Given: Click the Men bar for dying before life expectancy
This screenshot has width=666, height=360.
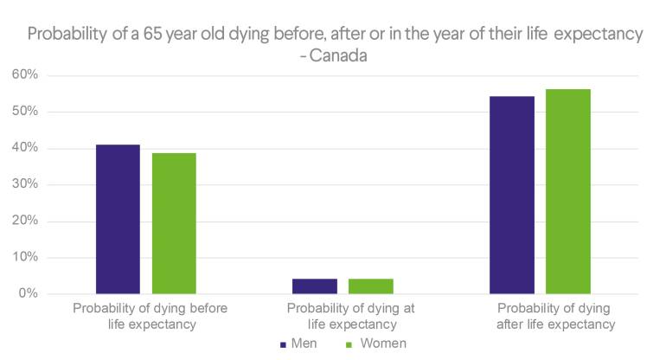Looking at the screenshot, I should click(x=118, y=219).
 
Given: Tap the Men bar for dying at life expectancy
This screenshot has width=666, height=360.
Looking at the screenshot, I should click(x=315, y=286).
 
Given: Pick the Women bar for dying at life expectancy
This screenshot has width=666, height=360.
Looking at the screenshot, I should click(x=371, y=286).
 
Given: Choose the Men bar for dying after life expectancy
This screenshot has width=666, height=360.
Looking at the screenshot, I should click(x=512, y=195).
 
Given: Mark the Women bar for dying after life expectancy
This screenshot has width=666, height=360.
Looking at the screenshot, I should click(x=568, y=191).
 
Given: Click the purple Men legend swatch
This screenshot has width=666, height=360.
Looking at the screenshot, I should click(x=284, y=344).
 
